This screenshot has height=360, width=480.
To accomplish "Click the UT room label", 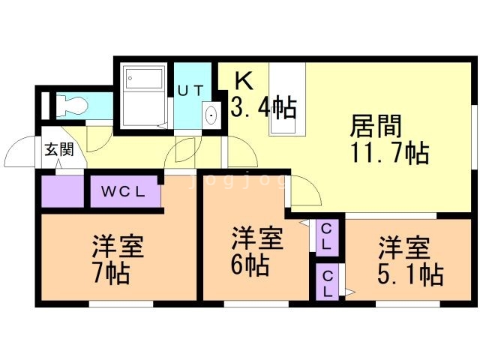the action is [x=190, y=91].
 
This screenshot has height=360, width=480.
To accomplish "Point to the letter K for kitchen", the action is [x=244, y=81].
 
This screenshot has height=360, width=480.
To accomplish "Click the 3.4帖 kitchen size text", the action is [x=263, y=107].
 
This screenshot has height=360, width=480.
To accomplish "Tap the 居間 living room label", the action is [x=375, y=126].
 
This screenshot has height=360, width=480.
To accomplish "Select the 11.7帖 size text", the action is [x=390, y=153].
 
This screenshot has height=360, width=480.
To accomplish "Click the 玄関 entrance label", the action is [x=59, y=150].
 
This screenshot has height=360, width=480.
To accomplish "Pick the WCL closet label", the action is [x=123, y=192].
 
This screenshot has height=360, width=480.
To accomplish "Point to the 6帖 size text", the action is [x=250, y=265].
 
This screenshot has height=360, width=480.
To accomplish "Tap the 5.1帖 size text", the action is [x=410, y=274].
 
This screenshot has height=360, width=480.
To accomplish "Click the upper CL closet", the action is [x=327, y=237].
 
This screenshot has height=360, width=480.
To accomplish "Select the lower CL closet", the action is [x=327, y=282].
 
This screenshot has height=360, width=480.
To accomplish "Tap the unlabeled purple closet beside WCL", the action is [x=62, y=191].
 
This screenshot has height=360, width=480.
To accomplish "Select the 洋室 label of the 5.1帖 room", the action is [x=404, y=247].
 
